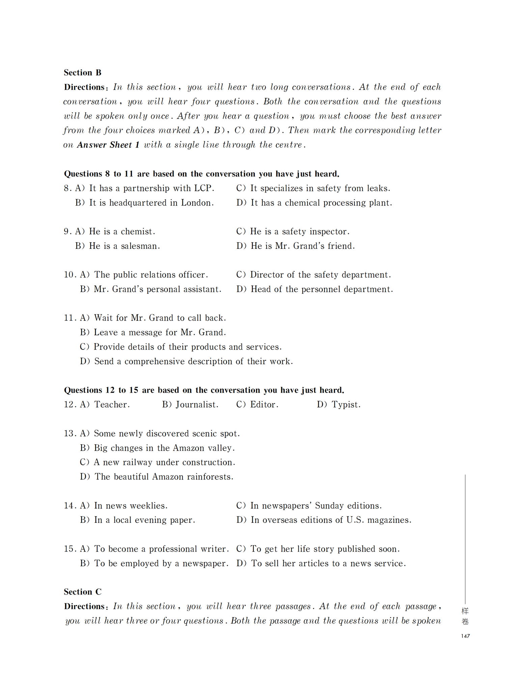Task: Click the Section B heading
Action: [83, 73]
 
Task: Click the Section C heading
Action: [83, 592]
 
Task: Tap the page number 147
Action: [465, 636]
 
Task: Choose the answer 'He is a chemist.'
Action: [122, 232]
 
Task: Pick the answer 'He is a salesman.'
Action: [124, 246]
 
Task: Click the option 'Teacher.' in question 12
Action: [112, 404]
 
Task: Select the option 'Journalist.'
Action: [197, 404]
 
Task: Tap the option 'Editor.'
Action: [264, 404]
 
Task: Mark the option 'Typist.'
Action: [346, 404]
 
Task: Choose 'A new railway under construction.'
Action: [164, 462]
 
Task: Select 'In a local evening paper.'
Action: [144, 520]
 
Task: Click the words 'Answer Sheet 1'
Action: [108, 145]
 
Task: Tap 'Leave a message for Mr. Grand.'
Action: [160, 333]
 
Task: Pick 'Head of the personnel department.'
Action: [321, 289]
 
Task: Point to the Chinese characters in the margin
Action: [465, 616]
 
